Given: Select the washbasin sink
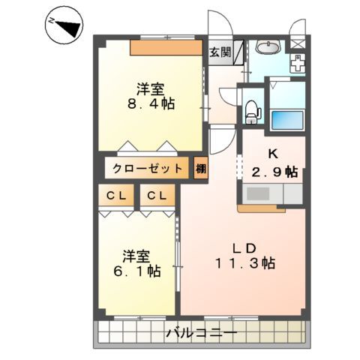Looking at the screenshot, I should point(267,49).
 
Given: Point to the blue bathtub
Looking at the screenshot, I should point(286,118).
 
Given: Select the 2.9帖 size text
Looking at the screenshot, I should point(274,171).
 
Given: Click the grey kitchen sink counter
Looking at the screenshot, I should point(266,194).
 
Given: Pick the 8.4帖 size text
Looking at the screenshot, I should point(150,104).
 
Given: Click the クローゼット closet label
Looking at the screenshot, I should point(148,167).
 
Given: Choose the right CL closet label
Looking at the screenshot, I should point(158,196).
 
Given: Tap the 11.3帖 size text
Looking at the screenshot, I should point(244,264).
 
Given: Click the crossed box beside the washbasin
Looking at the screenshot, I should point(298,42).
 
